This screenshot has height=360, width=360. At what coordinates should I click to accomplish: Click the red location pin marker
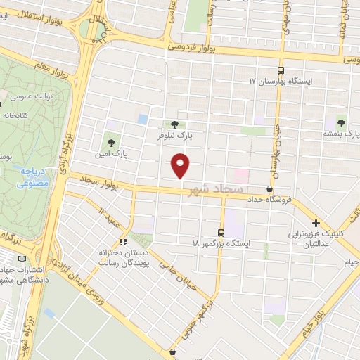[x=181, y=165]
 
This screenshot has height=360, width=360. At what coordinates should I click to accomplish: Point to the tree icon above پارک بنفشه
[x=341, y=122]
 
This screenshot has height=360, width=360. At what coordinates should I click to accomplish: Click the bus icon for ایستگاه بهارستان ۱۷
[x=281, y=71]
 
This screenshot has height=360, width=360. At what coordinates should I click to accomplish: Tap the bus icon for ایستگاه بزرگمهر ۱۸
[x=221, y=232]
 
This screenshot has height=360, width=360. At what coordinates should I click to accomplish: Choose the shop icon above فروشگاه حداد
[x=270, y=188]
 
